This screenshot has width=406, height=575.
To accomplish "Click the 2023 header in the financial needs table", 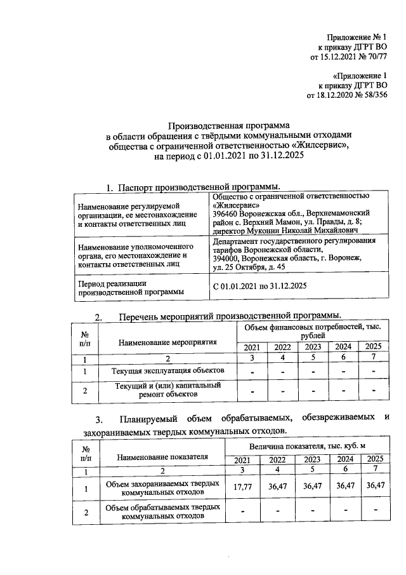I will (x=312, y=347).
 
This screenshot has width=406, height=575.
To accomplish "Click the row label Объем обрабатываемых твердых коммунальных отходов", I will (x=163, y=512).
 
